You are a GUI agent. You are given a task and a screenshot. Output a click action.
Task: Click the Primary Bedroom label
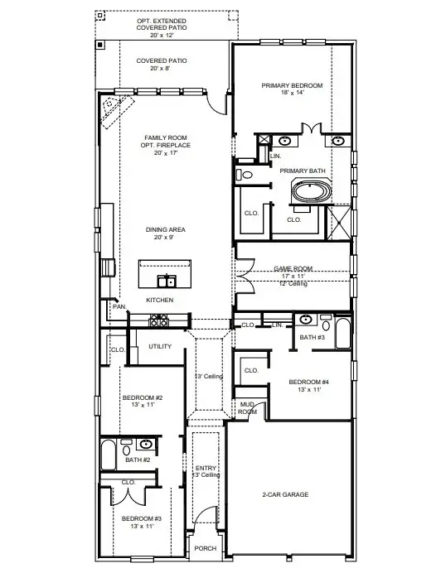click(x=292, y=85)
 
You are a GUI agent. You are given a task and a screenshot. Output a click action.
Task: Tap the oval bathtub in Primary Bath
click(x=309, y=194)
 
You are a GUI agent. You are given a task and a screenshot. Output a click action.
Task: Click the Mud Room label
click(x=247, y=408)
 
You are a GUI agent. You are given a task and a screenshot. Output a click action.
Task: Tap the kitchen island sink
click(x=167, y=280)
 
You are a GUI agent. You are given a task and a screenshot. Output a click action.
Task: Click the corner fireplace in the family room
click(x=114, y=109)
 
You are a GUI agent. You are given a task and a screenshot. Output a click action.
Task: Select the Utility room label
click(x=160, y=346)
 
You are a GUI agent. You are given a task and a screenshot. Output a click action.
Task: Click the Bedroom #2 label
click(x=143, y=398)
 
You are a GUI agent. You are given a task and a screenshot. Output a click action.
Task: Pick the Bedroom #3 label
click(x=143, y=518)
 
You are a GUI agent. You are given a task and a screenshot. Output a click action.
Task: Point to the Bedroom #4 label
click(x=308, y=382)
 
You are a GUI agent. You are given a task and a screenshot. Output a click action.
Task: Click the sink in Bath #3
click(x=306, y=320)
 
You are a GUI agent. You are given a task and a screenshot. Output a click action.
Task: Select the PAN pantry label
click(x=119, y=306)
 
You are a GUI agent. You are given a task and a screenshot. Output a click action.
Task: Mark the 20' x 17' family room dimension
click(x=167, y=153)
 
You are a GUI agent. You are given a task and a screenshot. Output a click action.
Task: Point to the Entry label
click(x=206, y=468)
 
